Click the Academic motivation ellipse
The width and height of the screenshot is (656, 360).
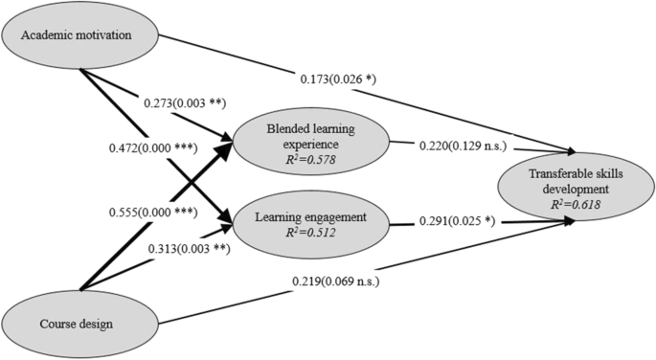point(80,37)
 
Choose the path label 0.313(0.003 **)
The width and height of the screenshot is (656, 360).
point(188,249)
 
